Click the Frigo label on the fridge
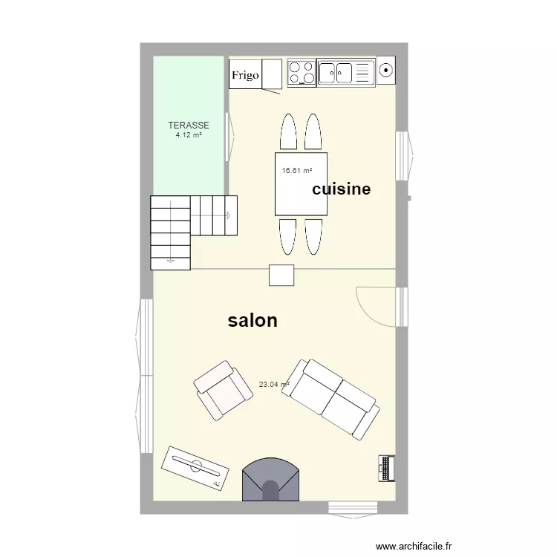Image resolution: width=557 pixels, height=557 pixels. tap(245, 75)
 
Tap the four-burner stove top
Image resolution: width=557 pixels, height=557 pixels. tap(302, 73)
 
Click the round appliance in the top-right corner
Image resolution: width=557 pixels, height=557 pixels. tap(385, 71)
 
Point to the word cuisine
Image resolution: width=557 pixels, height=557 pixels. tap(341, 189)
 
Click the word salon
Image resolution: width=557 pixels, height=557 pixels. tap(253, 320)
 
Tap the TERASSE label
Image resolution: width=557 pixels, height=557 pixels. tap(189, 126)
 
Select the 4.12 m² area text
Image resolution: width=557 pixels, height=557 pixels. tap(189, 135)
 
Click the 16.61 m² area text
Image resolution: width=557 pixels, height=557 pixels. tap(297, 171)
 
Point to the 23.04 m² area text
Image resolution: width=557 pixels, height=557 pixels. tap(273, 385)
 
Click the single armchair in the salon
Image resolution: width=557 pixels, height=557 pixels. tap(222, 391)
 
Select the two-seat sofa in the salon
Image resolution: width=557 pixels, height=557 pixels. tap(335, 398)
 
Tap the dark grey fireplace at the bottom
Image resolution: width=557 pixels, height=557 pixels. tap(271, 480)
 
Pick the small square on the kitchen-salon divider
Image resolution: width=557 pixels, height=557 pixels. tap(281, 275)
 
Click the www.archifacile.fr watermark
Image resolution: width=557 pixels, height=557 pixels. tap(414, 546)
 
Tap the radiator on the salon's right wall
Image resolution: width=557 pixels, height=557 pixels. tap(387, 466)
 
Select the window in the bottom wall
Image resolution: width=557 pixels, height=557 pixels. tap(354, 507)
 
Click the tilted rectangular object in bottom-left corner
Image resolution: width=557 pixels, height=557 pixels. tap(195, 468)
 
